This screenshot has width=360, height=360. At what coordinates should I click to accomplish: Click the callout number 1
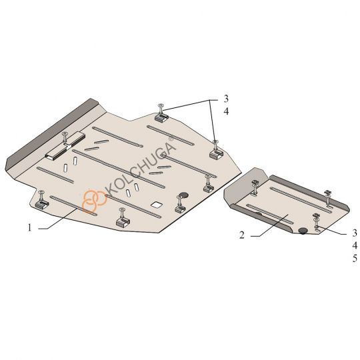(x=29, y=228)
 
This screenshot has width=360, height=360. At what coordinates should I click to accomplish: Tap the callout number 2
(x=242, y=235)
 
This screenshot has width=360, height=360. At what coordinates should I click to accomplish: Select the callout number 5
(x=355, y=259)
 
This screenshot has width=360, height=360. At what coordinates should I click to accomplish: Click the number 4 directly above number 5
(x=355, y=245)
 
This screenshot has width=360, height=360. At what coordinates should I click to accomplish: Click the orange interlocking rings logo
(x=95, y=201)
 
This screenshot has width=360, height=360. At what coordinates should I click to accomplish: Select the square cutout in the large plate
(x=157, y=205)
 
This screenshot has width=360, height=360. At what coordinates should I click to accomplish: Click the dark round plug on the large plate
(x=183, y=195)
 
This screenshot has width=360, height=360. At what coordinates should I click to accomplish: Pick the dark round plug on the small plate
(x=303, y=231)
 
